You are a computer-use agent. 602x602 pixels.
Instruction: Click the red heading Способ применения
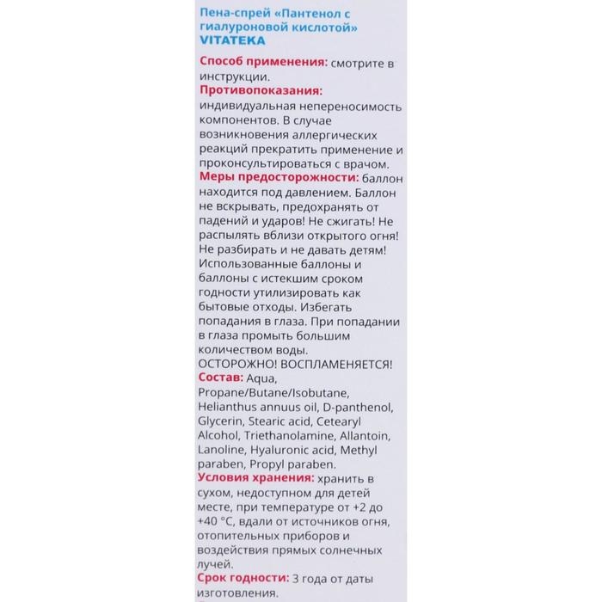[x=261, y=63]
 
